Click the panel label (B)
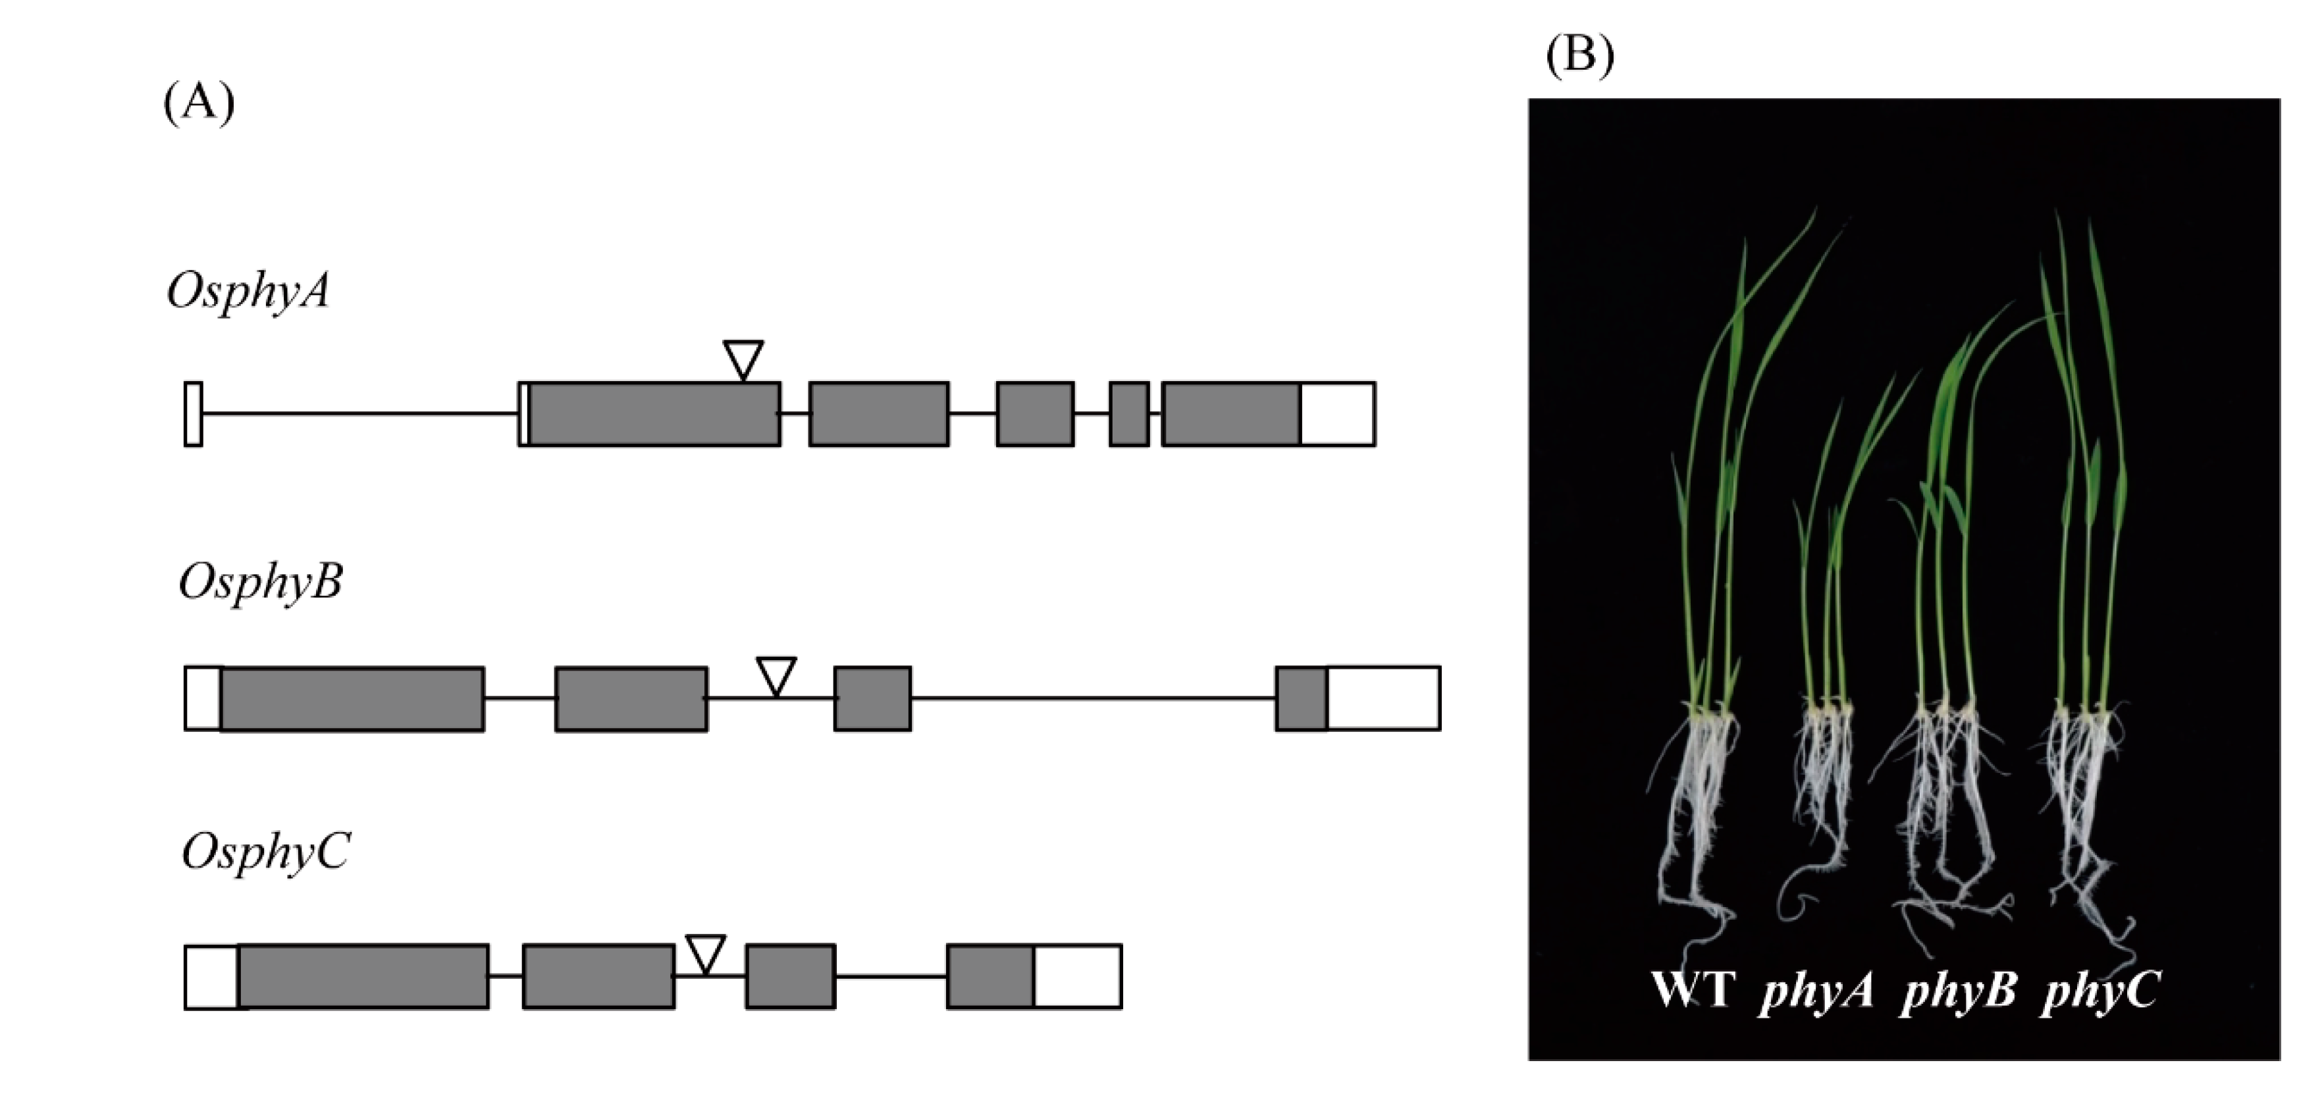point(1579,56)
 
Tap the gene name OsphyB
point(261,582)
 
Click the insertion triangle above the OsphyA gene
point(743,358)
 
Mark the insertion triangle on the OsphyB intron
point(776,674)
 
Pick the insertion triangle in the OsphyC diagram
point(706,952)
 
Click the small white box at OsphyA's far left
point(193,414)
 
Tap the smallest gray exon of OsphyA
point(1128,414)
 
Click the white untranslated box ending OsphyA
point(1337,414)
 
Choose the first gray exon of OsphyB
point(352,698)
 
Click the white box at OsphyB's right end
point(1383,698)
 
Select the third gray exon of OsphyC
point(790,976)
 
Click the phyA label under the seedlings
point(1816,991)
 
